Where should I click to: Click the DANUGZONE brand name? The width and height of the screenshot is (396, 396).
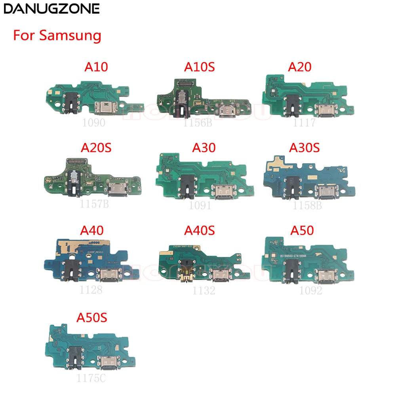point(51,9)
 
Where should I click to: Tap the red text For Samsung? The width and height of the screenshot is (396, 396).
point(57,36)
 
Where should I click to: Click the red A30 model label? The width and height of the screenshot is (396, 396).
point(204,147)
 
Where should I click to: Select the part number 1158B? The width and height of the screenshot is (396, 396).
point(305,205)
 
